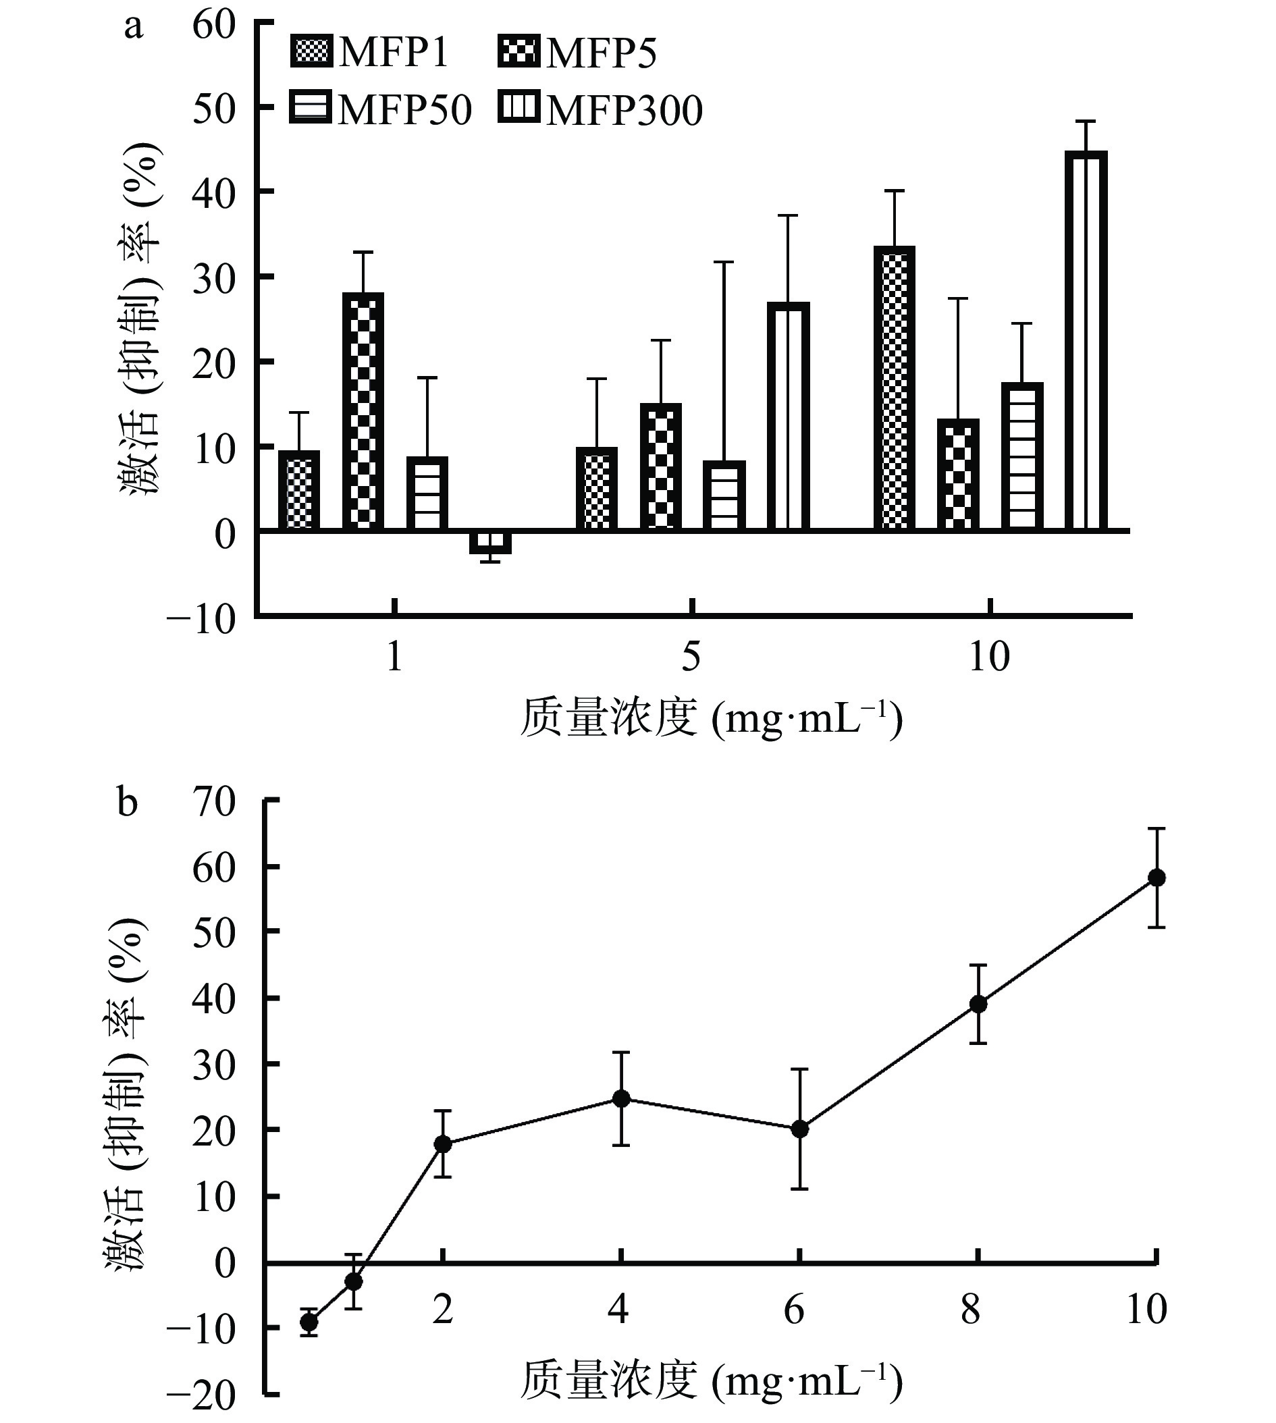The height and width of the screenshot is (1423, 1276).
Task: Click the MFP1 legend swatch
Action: pos(311,53)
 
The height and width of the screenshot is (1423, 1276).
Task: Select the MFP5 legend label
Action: pos(601,53)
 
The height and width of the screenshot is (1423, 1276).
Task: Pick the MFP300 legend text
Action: pos(624,110)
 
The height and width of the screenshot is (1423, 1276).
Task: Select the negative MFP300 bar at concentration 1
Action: pos(490,543)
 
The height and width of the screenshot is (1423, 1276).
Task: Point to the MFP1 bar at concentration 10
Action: pos(895,389)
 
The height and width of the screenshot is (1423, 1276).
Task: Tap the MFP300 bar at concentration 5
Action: pos(788,417)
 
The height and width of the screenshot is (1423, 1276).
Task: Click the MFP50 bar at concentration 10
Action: pos(1022,457)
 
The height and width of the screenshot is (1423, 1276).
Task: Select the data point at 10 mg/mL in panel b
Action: pos(1156,878)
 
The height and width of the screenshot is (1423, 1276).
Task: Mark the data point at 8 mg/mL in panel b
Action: pos(978,1004)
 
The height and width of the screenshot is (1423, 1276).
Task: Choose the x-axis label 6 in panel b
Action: pos(795,1310)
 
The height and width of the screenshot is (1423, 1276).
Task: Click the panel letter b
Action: pos(128,803)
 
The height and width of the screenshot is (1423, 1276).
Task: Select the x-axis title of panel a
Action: pos(711,718)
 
